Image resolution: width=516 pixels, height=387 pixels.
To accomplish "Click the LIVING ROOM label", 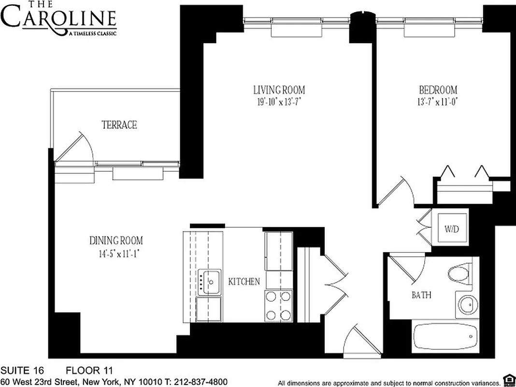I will tap(279, 90).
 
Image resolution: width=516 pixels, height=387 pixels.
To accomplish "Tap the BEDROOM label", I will tap(438, 90).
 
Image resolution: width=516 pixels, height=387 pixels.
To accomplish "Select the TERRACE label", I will tap(119, 125).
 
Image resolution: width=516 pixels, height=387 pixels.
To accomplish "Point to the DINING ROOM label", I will tap(116, 240).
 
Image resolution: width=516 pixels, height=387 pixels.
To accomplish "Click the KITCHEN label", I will tap(244, 282).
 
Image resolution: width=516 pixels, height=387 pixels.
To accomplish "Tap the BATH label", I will tap(421, 295).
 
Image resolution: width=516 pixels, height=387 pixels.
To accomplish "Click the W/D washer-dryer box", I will tap(451, 228).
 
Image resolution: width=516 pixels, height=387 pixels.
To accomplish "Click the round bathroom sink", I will tap(467, 304).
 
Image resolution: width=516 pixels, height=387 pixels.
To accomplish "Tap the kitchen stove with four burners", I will tap(279, 305).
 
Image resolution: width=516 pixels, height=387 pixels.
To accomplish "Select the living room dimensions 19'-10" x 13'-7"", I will tap(279, 102).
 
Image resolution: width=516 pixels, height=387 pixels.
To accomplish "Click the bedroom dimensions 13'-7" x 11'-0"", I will tap(437, 102).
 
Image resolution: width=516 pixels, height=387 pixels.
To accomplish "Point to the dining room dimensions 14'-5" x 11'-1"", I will tap(116, 253).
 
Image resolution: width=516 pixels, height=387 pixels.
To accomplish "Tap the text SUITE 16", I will tap(22, 371).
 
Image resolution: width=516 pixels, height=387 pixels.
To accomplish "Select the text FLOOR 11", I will tap(89, 371).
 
